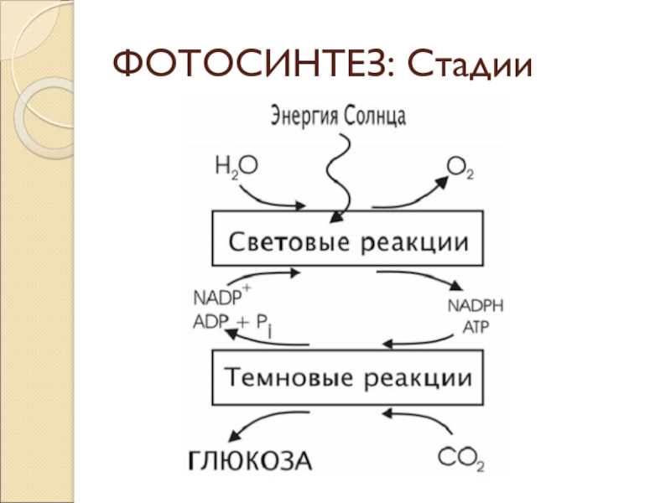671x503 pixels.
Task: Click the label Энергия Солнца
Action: [x=339, y=116]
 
